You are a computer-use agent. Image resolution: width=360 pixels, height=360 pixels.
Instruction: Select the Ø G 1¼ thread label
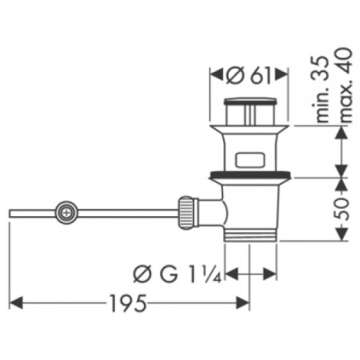[173, 274]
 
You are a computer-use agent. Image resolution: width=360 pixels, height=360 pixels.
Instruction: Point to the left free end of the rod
[11, 213]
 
